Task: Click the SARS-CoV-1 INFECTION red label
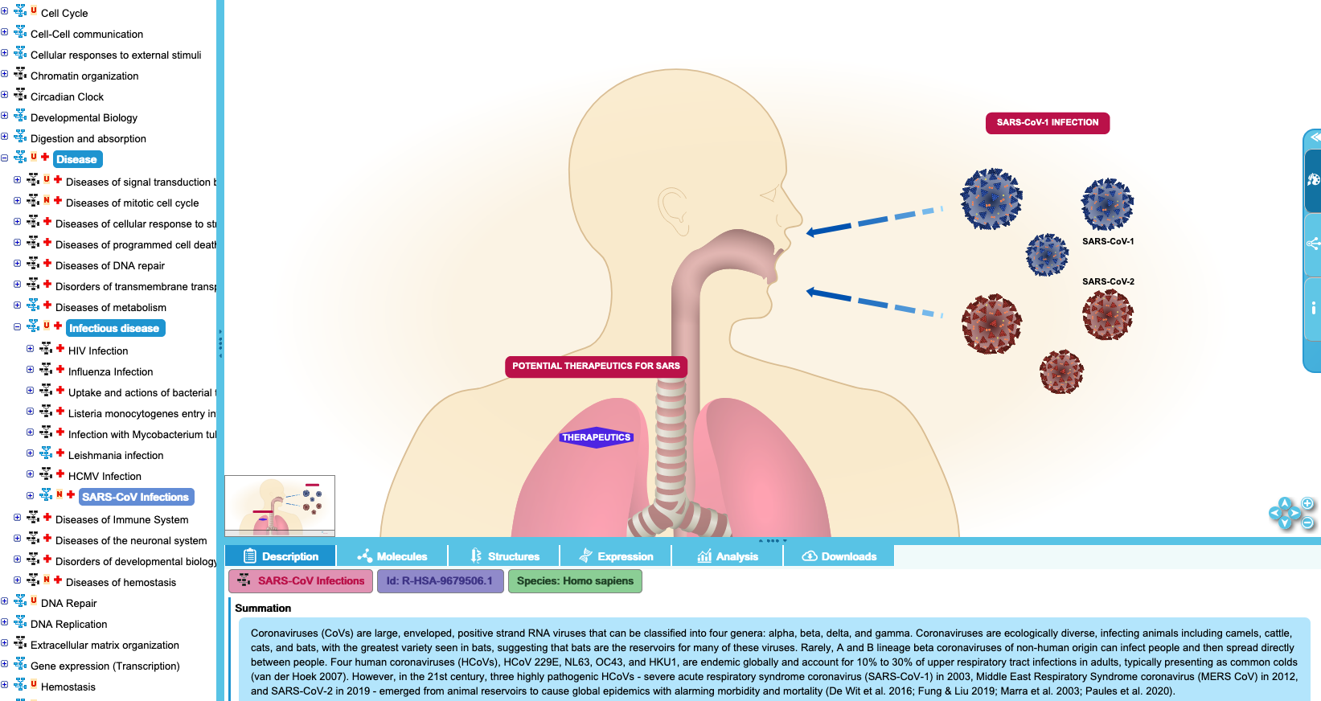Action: pyautogui.click(x=1048, y=123)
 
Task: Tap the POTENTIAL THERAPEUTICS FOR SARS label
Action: pyautogui.click(x=596, y=366)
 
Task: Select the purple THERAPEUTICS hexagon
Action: pyautogui.click(x=597, y=437)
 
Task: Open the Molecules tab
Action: pyautogui.click(x=392, y=556)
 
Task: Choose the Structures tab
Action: pyautogui.click(x=503, y=556)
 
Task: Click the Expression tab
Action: pyautogui.click(x=616, y=556)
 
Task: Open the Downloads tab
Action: pyautogui.click(x=839, y=556)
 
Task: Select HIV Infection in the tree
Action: pyautogui.click(x=98, y=350)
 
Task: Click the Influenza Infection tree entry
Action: pyautogui.click(x=110, y=371)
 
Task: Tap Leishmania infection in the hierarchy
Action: pyautogui.click(x=116, y=455)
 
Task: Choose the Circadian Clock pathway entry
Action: pyautogui.click(x=67, y=96)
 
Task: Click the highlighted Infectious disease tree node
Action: pyautogui.click(x=114, y=328)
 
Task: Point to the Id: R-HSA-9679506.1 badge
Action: pyautogui.click(x=440, y=580)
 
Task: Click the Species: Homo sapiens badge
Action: pyautogui.click(x=575, y=580)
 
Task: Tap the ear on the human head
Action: pyautogui.click(x=673, y=211)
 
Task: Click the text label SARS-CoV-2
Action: pyautogui.click(x=1108, y=281)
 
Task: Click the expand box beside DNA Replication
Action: pyautogui.click(x=4, y=623)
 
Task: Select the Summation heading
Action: pyautogui.click(x=263, y=608)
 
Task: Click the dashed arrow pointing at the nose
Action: pyautogui.click(x=874, y=220)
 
